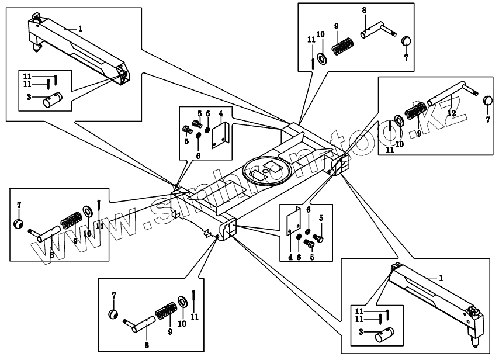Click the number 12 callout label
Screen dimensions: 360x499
451,112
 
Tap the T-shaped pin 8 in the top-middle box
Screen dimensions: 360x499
376,29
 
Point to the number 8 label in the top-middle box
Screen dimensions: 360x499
363,11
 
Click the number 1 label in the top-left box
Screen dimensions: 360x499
80,28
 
